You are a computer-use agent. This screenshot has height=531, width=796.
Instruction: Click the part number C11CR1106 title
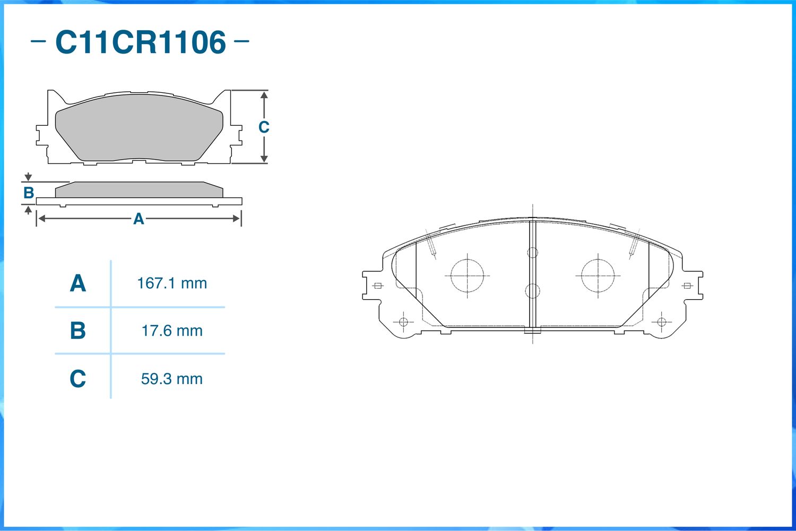[141, 42]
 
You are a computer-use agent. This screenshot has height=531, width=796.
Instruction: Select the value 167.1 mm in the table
[172, 283]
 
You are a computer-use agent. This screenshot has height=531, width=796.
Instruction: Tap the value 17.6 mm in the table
[172, 330]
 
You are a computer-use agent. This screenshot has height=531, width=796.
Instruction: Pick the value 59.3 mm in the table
[172, 379]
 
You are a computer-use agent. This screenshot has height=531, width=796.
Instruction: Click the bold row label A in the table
[78, 283]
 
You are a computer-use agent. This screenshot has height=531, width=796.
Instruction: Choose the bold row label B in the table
[78, 330]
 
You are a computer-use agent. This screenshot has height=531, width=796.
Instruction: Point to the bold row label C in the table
[78, 378]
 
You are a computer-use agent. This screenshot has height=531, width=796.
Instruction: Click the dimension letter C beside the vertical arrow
[264, 127]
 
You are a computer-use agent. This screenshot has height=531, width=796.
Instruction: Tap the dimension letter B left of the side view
[29, 193]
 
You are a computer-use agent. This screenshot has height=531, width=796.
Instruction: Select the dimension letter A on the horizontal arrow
[139, 219]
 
